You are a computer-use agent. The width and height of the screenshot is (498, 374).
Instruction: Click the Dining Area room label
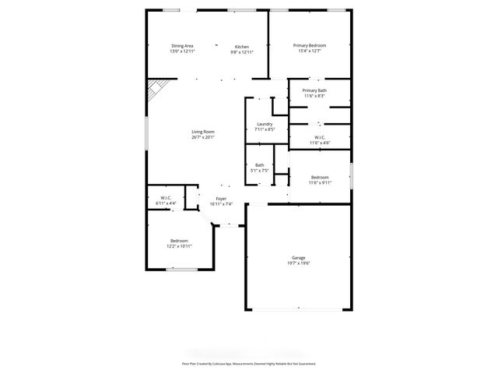coord(182,46)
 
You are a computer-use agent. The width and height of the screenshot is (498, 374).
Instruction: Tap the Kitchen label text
coord(242,46)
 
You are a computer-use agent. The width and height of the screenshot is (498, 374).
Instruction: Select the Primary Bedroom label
coord(309,46)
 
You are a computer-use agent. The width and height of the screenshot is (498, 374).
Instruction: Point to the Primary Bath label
coord(314,90)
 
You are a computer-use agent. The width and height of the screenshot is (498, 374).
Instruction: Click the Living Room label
coord(203,132)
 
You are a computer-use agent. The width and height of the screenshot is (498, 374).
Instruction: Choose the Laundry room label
coord(265,124)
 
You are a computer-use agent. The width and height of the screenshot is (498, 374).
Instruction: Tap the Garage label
coord(298,257)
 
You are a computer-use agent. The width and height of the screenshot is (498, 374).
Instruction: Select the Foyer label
coord(221,199)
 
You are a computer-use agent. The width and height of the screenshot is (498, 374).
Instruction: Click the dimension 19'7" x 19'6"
coord(298,263)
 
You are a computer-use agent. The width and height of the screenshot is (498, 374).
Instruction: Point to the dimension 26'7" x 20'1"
coord(203,138)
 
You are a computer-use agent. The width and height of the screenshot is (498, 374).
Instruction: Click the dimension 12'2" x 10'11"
coord(179,246)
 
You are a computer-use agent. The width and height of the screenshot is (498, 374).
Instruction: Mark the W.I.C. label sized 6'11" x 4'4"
coord(166,198)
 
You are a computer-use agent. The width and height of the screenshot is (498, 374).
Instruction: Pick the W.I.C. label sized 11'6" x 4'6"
coord(320,138)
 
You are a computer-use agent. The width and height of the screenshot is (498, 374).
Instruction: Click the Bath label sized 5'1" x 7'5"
coord(259,164)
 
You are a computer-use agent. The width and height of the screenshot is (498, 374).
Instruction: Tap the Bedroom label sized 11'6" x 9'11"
coord(320,177)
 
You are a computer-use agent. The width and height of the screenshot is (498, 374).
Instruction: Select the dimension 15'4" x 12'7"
coord(309,51)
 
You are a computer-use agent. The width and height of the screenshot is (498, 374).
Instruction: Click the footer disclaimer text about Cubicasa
coord(249,363)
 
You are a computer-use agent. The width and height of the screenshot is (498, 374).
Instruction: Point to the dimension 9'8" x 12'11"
coord(242,51)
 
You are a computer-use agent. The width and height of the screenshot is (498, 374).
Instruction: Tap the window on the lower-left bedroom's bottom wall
coord(180,270)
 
